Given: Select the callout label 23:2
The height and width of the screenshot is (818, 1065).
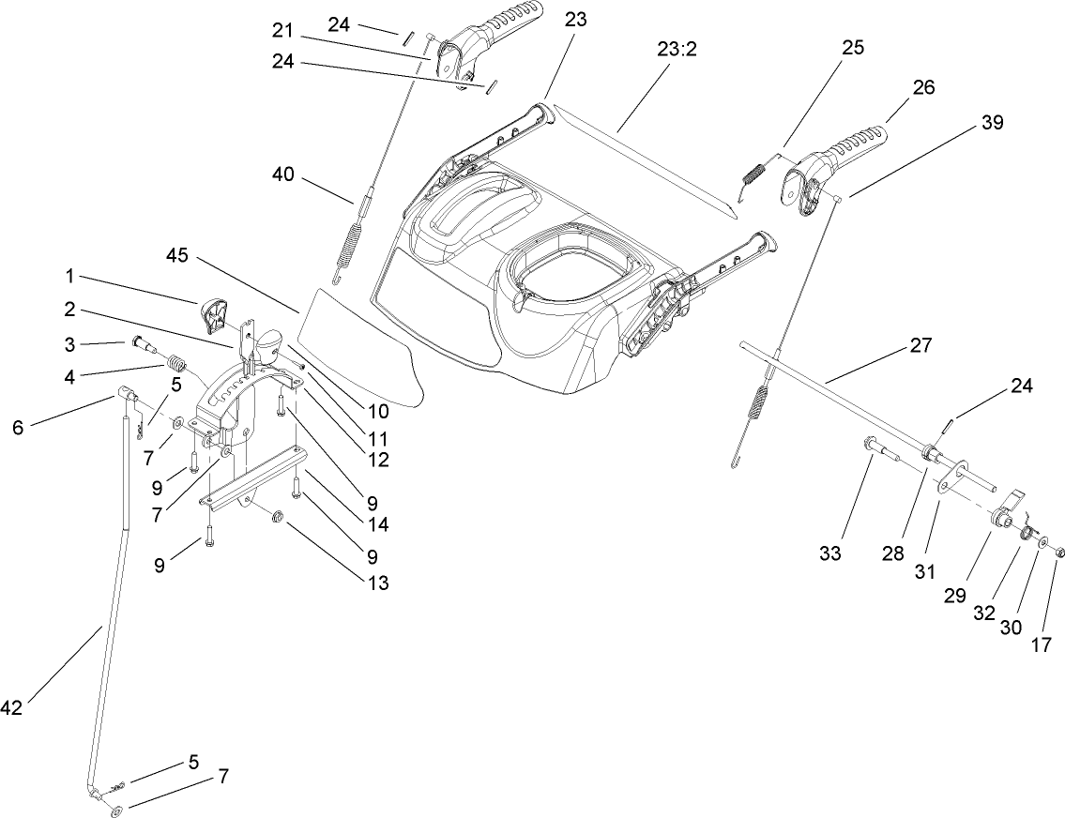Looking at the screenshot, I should tap(677, 50).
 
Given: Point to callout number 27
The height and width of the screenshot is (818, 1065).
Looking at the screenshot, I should tap(920, 345).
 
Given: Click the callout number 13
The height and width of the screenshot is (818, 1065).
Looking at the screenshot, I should tap(377, 583).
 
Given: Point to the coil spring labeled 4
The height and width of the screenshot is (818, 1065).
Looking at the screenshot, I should tap(175, 360).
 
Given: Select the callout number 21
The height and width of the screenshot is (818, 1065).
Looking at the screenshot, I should tap(282, 31).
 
